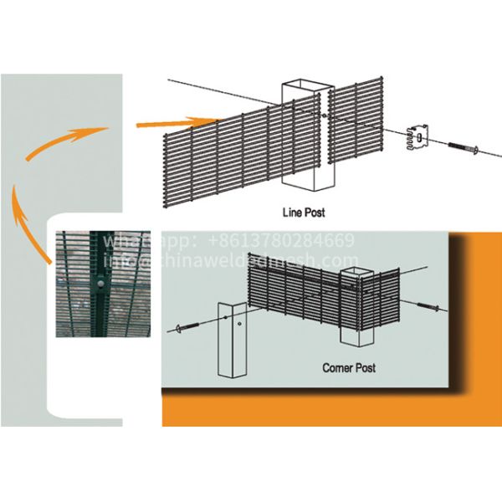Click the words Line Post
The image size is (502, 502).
(x=303, y=213)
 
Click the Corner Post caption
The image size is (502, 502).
(x=349, y=367)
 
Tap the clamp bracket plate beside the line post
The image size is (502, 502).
(x=417, y=138)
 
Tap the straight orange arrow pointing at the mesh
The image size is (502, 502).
(x=172, y=124)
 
